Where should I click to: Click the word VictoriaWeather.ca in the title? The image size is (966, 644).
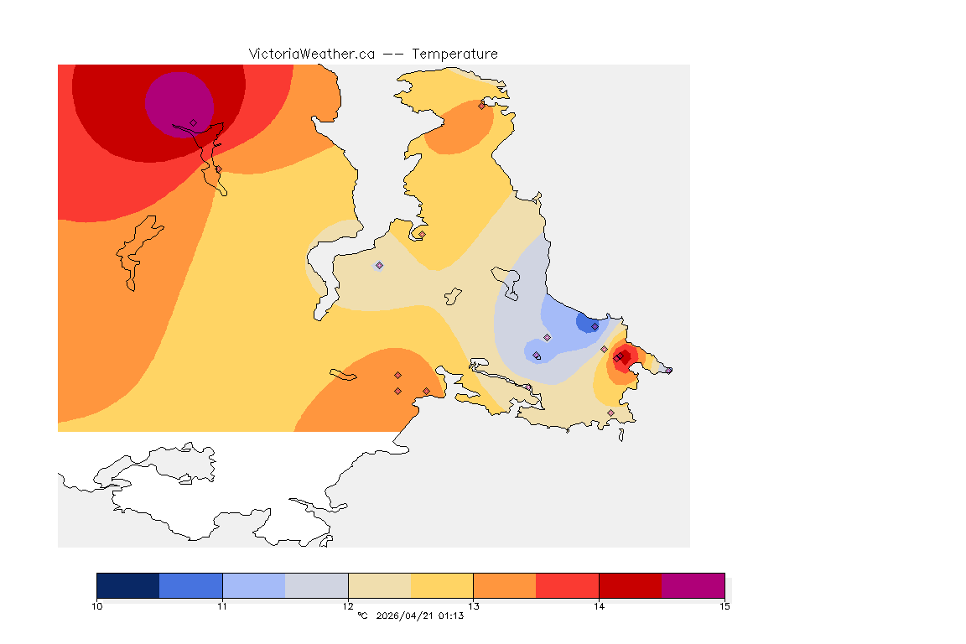click(x=311, y=54)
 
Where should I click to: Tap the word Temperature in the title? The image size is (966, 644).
click(x=454, y=54)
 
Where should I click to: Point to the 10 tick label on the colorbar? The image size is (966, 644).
click(x=97, y=606)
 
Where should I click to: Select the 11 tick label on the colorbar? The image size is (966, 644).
click(x=222, y=606)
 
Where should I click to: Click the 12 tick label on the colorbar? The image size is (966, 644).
click(x=348, y=606)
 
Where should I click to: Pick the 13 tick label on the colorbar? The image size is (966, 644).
click(x=474, y=606)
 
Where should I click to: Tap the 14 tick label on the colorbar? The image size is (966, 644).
click(x=599, y=606)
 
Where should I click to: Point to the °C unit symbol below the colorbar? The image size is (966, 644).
click(x=362, y=616)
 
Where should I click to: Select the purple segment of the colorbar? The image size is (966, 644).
click(x=693, y=585)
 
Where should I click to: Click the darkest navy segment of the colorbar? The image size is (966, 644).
click(x=128, y=585)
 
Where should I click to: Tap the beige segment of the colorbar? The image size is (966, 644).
click(x=379, y=585)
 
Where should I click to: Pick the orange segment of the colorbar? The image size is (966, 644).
click(x=505, y=585)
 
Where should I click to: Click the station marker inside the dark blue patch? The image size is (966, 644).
click(x=595, y=326)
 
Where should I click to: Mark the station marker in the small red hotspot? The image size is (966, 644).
click(x=618, y=358)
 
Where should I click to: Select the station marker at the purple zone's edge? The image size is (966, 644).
click(x=193, y=122)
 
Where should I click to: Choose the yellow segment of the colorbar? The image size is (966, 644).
click(x=442, y=585)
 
